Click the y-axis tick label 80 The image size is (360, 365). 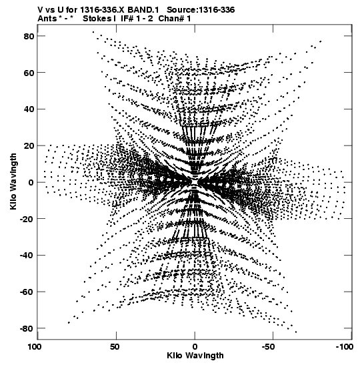tap(29, 36)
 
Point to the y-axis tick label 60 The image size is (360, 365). tap(29, 73)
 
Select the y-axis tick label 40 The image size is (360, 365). tap(29, 109)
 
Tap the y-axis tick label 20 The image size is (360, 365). tap(29, 146)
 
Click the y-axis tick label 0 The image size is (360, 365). tap(31, 183)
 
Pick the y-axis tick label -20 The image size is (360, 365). tap(27, 219)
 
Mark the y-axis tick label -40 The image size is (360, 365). tap(27, 256)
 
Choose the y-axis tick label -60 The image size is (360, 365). tap(27, 292)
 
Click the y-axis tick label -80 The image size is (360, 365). tap(27, 329)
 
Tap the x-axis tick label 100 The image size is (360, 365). tap(35, 347)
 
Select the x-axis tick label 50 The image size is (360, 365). tap(115, 347)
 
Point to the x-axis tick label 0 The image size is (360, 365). tap(195, 347)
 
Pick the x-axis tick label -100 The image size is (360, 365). tap(345, 347)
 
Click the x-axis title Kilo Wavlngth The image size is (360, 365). tap(195, 356)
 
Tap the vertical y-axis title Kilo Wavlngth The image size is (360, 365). tap(13, 181)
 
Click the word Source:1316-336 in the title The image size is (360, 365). tap(201, 10)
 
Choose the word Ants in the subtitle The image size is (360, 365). tap(47, 19)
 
